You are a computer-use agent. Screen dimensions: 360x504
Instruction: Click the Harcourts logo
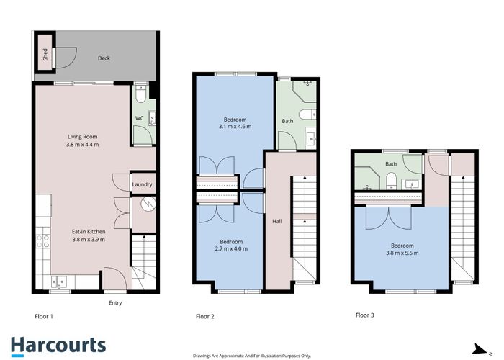[58, 345]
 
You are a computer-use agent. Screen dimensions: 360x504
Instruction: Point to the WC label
[139, 118]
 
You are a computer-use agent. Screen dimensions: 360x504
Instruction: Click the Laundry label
[143, 184]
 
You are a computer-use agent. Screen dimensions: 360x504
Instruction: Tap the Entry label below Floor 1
[114, 303]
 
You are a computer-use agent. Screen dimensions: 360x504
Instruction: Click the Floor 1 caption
[44, 316]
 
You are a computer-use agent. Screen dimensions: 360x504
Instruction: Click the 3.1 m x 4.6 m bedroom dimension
[235, 127]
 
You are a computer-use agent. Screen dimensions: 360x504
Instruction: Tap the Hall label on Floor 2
[276, 221]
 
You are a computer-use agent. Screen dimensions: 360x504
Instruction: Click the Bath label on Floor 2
[287, 121]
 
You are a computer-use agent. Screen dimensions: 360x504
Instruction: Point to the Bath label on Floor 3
[391, 164]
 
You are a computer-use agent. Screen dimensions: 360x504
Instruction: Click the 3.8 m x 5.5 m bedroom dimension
[402, 253]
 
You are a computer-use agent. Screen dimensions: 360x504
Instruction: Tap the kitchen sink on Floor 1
[60, 282]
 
